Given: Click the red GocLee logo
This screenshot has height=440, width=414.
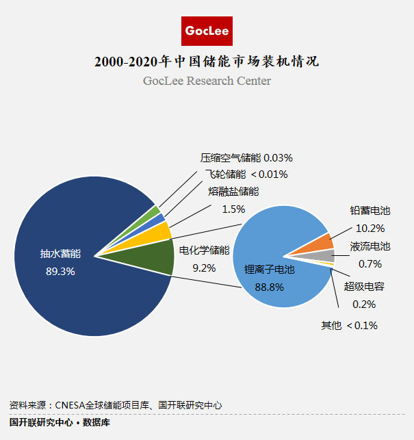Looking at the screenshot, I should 207,31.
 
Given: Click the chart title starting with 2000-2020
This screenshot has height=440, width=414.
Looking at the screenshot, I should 207,62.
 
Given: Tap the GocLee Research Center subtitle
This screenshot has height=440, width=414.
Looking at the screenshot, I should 207,81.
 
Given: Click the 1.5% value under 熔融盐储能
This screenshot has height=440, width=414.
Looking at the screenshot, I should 233,209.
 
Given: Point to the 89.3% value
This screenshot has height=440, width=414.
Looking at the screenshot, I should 61,271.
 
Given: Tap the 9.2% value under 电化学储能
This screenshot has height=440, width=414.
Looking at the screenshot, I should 204,268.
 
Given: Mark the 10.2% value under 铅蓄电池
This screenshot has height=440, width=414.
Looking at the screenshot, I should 370,228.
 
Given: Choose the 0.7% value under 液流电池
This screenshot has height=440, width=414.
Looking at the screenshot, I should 370,263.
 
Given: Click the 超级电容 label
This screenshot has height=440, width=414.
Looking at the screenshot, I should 363,286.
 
